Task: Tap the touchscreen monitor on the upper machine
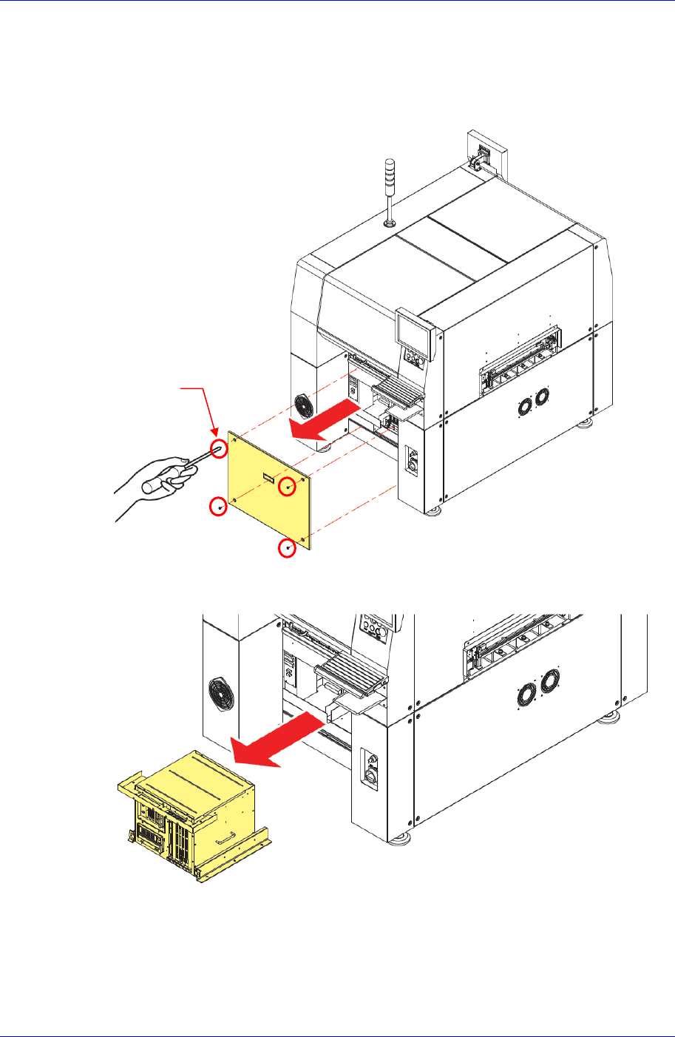pos(412,328)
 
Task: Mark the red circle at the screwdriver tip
pos(220,448)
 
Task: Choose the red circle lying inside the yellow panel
pos(288,487)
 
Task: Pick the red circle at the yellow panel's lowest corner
pos(287,548)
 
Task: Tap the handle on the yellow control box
pos(224,840)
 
